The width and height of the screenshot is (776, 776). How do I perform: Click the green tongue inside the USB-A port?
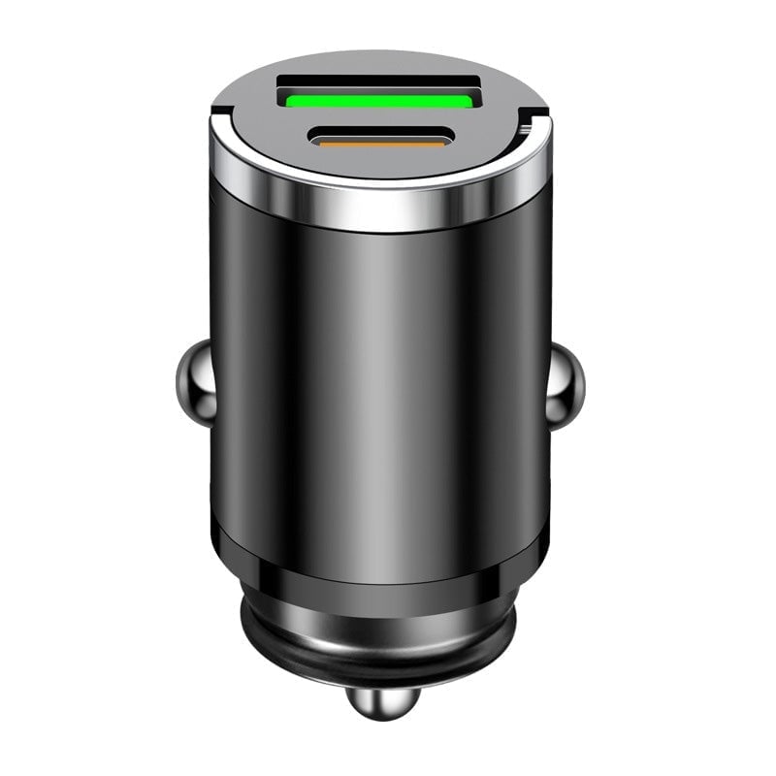[x=378, y=98]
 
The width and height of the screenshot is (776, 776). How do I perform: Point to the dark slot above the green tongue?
[x=378, y=82]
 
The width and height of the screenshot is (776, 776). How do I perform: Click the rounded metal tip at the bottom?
[x=378, y=702]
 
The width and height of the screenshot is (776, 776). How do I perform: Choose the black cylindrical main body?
[x=378, y=388]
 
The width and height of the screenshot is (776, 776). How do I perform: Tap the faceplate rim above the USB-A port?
[x=378, y=62]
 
